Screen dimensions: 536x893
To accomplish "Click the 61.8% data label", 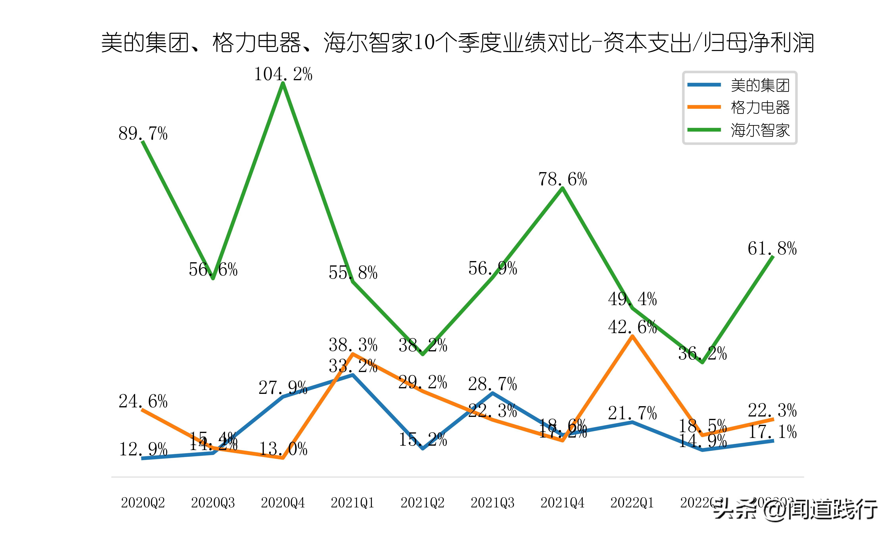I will (772, 249).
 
